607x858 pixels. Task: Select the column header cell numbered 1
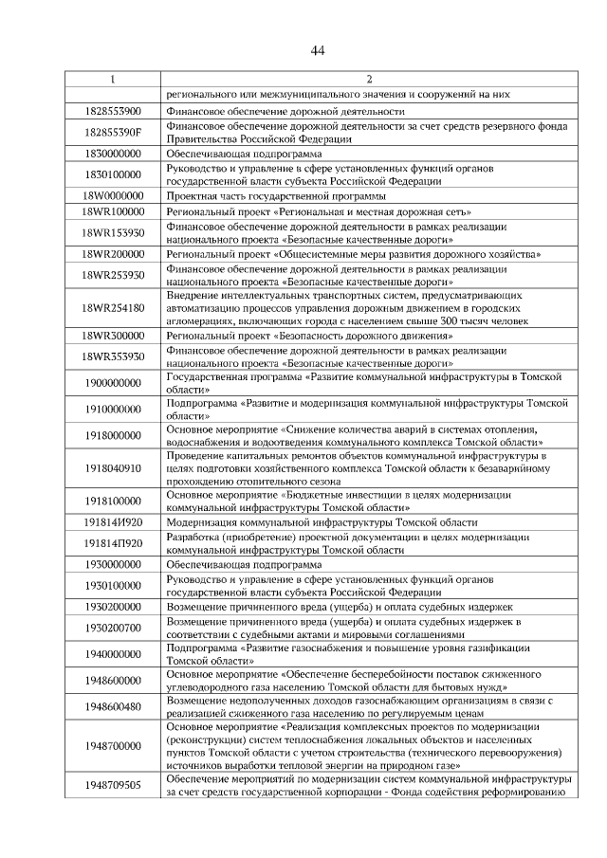pos(112,80)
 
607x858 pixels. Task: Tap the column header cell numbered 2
pos(370,80)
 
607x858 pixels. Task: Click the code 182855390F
pos(112,132)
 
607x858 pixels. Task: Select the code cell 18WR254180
pos(112,308)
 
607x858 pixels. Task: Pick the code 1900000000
pos(112,383)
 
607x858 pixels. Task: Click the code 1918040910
pos(112,467)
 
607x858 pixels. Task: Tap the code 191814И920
pos(112,521)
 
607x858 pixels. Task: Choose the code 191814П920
pos(112,543)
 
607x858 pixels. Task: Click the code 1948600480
pos(112,706)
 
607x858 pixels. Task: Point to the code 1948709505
pos(112,785)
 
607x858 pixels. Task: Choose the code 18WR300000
pos(112,337)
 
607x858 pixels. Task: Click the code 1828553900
pos(112,111)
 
